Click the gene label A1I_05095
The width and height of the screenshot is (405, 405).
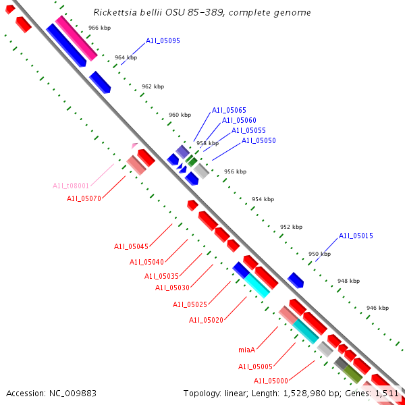163,41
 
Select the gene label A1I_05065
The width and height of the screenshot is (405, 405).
229,110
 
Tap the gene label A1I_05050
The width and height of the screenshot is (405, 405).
259,140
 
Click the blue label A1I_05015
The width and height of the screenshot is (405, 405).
356,236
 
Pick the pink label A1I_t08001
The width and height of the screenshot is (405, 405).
71,186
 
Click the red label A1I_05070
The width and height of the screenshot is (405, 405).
84,198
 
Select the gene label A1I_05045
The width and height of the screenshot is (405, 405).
131,246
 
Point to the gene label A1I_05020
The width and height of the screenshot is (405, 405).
206,320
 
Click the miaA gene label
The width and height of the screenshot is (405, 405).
247,350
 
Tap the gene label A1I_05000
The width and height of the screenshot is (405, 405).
271,381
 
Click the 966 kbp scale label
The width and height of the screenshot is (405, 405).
99,28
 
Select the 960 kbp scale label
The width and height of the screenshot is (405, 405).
180,115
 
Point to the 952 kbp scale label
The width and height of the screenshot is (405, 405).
291,227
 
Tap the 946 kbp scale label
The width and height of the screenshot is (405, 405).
377,308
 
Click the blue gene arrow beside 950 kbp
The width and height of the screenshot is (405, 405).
296,279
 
